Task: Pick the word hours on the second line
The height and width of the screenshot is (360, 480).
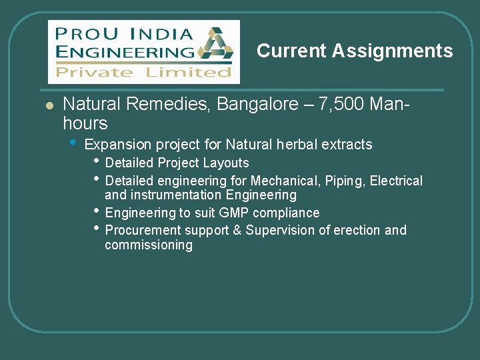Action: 85,123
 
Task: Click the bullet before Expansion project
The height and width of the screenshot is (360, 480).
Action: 72,142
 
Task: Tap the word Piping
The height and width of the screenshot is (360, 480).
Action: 344,181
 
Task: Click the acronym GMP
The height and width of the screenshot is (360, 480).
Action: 230,213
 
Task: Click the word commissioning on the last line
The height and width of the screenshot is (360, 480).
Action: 149,245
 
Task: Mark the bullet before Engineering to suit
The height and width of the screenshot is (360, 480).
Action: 98,211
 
